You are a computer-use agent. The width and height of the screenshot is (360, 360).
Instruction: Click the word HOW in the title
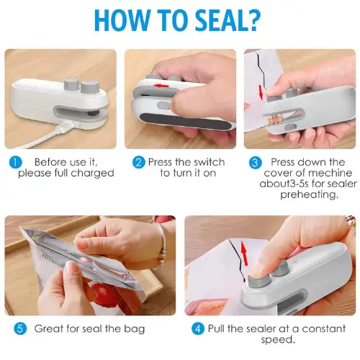(118, 20)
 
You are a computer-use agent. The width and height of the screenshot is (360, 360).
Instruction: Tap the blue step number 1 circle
(15, 163)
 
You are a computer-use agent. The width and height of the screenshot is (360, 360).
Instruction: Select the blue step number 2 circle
(139, 163)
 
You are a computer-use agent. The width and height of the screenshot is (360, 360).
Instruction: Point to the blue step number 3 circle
(255, 163)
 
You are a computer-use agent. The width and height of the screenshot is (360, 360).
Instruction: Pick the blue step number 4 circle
(198, 329)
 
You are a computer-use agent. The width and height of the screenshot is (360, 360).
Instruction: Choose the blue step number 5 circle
(20, 329)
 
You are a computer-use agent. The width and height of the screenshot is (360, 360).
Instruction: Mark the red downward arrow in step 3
(261, 93)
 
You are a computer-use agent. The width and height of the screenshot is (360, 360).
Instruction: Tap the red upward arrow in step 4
(244, 253)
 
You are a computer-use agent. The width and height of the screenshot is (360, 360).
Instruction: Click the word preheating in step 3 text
(309, 194)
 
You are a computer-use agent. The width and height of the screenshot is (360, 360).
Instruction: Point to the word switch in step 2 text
(210, 162)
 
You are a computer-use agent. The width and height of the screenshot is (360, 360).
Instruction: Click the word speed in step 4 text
(276, 340)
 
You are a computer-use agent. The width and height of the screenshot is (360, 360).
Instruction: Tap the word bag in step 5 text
(135, 329)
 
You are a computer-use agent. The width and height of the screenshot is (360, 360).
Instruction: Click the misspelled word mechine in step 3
(332, 173)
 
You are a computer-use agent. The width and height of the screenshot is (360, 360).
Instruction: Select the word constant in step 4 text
(324, 329)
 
